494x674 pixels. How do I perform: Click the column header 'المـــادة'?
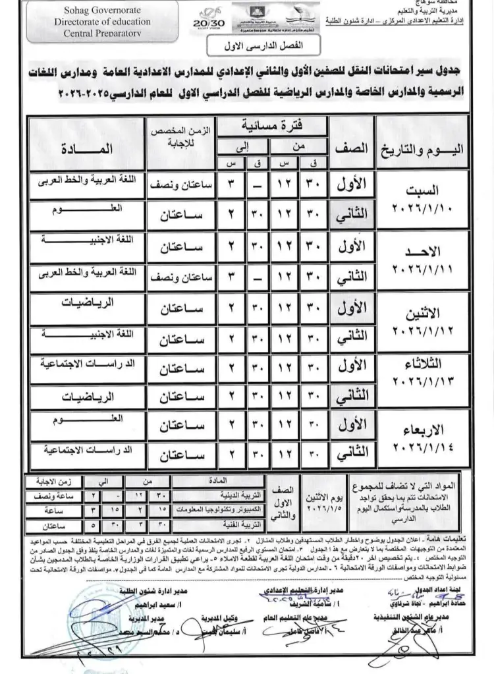[x=88, y=148]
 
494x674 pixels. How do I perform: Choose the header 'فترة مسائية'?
[x=273, y=124]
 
